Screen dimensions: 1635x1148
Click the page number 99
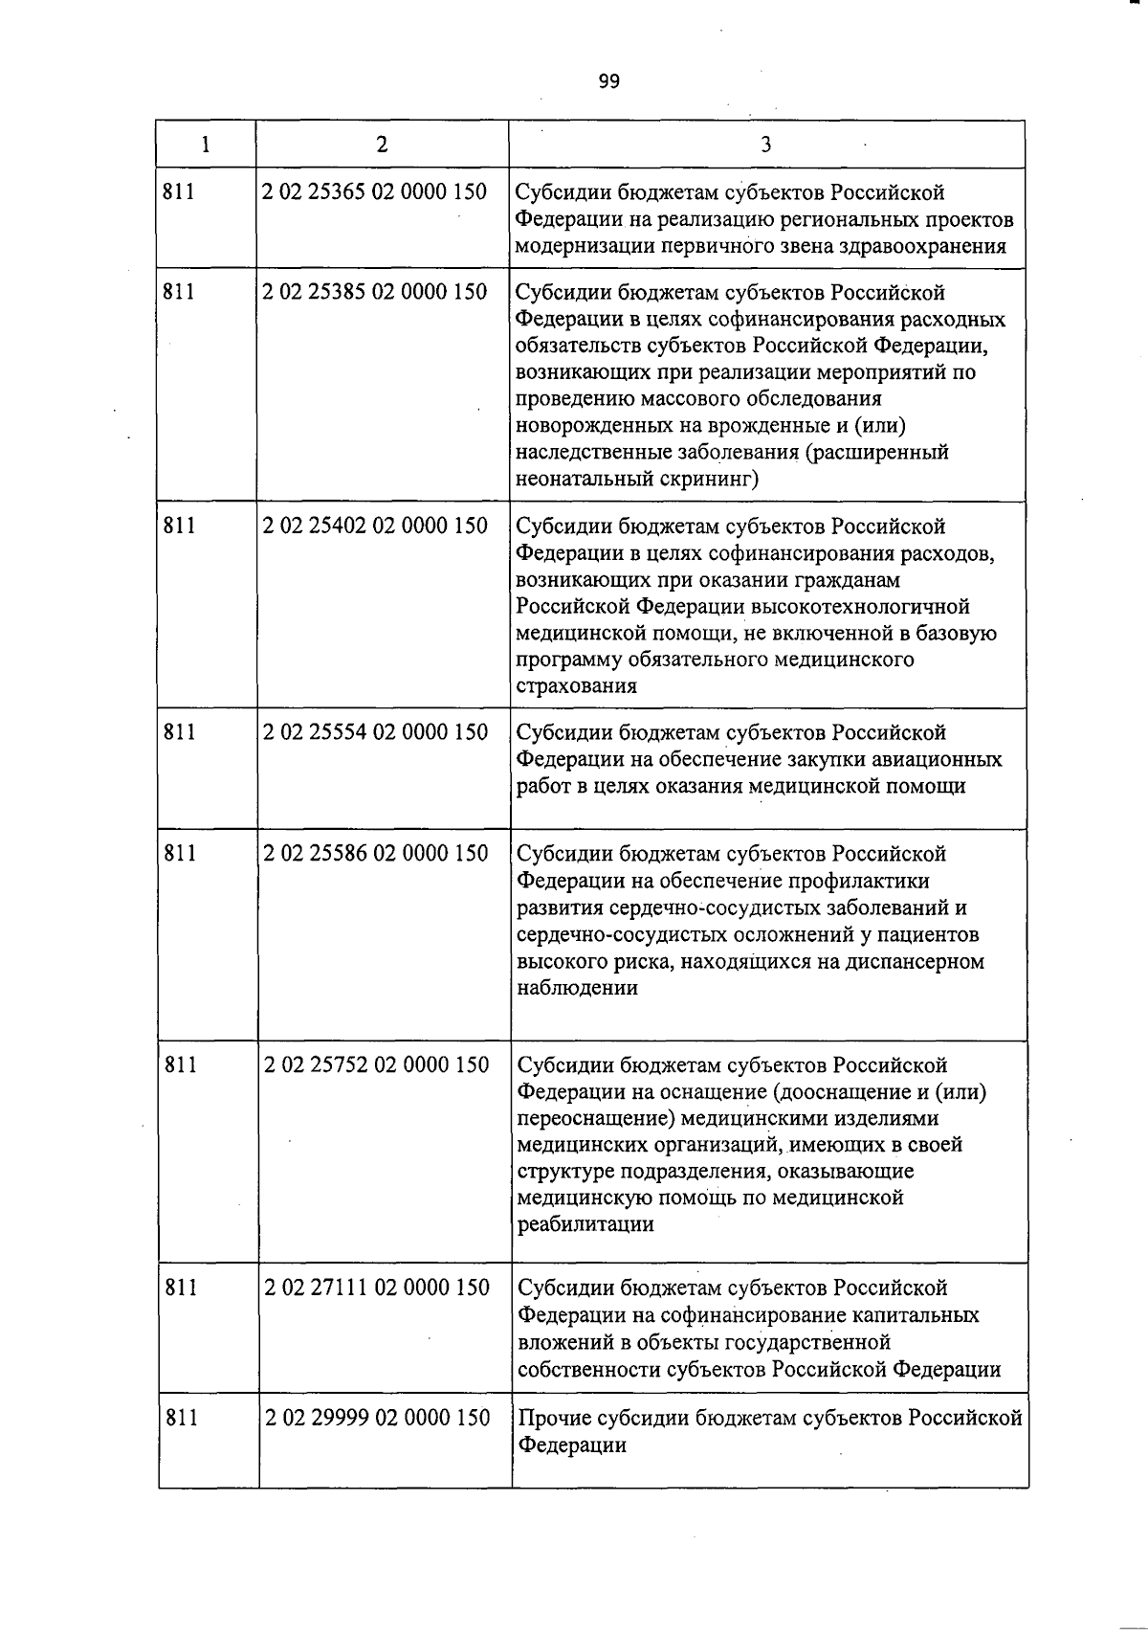pyautogui.click(x=609, y=81)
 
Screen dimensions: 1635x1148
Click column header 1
pyautogui.click(x=206, y=145)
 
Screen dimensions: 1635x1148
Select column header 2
pyautogui.click(x=382, y=145)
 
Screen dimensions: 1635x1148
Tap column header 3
pyautogui.click(x=765, y=145)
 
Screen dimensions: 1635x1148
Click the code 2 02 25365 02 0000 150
pyautogui.click(x=374, y=192)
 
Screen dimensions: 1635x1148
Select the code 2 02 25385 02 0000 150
pyautogui.click(x=374, y=292)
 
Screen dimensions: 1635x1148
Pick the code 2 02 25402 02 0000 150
pyautogui.click(x=375, y=526)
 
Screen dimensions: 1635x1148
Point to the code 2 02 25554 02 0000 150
pyautogui.click(x=375, y=732)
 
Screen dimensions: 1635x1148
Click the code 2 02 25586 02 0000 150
pyautogui.click(x=375, y=853)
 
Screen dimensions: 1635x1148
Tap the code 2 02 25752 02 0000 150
pyautogui.click(x=376, y=1064)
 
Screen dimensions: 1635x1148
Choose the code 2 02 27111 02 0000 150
pyautogui.click(x=376, y=1288)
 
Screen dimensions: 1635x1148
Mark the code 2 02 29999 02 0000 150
pyautogui.click(x=377, y=1418)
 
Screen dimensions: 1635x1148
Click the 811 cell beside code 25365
pyautogui.click(x=179, y=192)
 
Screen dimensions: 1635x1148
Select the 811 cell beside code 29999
pyautogui.click(x=181, y=1418)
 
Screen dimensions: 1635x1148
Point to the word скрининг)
pyautogui.click(x=709, y=479)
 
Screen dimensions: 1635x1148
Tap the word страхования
pyautogui.click(x=577, y=686)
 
